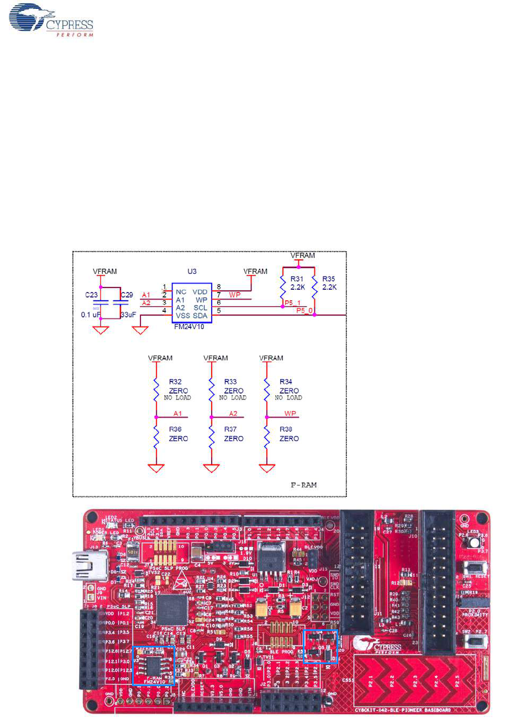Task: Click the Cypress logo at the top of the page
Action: coord(51,20)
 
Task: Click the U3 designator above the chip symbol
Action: coord(192,271)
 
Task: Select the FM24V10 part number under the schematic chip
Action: coord(189,327)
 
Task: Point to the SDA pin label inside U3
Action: coord(200,316)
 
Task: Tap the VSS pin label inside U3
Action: coord(182,316)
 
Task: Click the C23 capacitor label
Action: coord(91,295)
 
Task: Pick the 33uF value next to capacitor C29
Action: coord(128,315)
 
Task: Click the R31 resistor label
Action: coord(297,279)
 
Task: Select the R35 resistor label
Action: coord(329,279)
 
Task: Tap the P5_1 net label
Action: coord(293,303)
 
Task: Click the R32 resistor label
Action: coord(175,381)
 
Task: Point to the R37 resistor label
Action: coord(230,429)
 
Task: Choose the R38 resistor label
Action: coord(286,429)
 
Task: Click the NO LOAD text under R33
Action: coord(233,397)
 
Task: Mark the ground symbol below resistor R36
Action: coord(156,468)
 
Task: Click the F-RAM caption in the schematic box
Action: coord(303,485)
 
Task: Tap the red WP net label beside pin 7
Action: coord(235,295)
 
